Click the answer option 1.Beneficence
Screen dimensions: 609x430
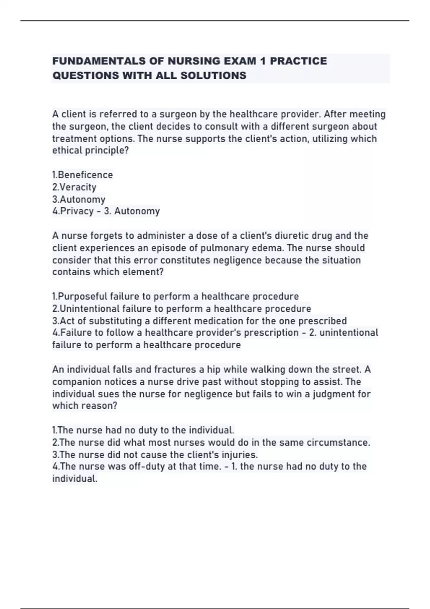pos(82,175)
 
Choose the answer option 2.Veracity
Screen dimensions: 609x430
pos(74,187)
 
